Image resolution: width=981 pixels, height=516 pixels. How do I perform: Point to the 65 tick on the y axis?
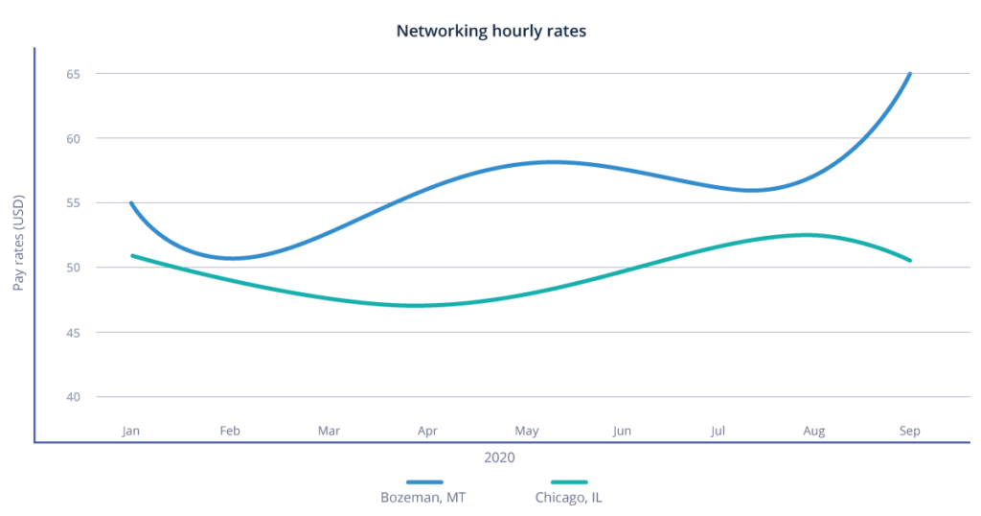click(x=74, y=74)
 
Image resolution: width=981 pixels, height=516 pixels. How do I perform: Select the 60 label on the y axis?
click(x=74, y=138)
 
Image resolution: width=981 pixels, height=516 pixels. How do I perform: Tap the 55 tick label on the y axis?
click(x=74, y=203)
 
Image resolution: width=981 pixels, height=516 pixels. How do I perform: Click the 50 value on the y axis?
click(x=74, y=268)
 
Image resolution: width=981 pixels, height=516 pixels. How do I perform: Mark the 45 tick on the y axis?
click(x=74, y=332)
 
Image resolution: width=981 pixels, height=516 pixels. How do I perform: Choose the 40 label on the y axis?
click(x=74, y=397)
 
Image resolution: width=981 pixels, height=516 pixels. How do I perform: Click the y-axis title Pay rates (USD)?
click(x=19, y=242)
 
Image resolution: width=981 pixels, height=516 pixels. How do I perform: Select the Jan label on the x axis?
click(x=131, y=431)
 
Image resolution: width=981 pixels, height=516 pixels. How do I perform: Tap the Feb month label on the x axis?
click(x=229, y=431)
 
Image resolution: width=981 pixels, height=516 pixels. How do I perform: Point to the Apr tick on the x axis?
click(x=426, y=431)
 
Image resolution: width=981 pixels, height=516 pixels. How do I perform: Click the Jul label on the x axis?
click(x=718, y=431)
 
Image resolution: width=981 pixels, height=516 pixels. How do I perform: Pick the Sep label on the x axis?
click(x=910, y=431)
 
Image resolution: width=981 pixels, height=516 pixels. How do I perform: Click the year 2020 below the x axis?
click(x=499, y=458)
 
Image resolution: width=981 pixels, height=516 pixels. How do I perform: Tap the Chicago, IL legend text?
click(x=568, y=498)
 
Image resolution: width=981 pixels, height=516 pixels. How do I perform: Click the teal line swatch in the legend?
click(x=569, y=481)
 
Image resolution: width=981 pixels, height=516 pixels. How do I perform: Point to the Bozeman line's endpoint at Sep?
click(x=910, y=73)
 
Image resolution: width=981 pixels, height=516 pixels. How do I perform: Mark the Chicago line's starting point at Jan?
click(x=132, y=255)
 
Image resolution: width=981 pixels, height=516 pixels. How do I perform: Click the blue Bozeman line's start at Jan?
click(x=131, y=203)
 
